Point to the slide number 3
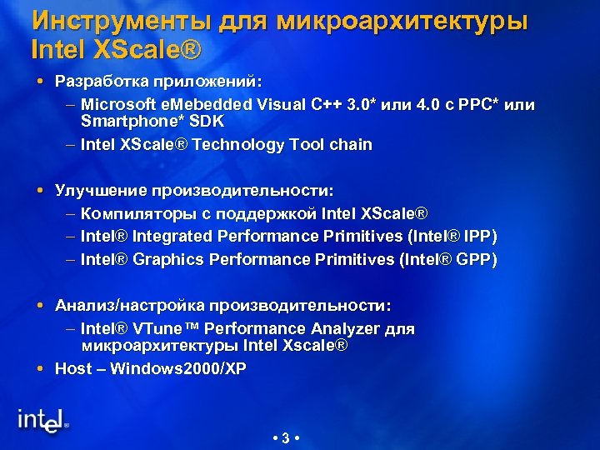point(286,438)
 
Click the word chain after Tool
point(351,144)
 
